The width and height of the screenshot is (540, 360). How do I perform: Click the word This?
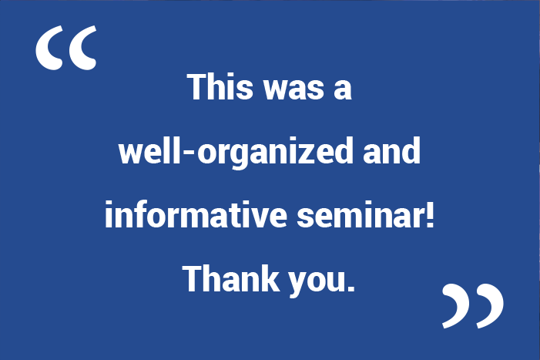[x=220, y=87]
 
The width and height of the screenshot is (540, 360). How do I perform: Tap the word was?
[x=293, y=90]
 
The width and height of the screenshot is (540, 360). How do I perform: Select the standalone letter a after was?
[x=343, y=90]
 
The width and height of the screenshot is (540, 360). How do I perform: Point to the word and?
[x=391, y=150]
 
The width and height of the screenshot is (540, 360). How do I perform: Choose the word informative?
[x=196, y=214]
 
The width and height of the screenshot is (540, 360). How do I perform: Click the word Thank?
[x=231, y=278]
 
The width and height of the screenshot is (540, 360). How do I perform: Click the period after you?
[x=351, y=288]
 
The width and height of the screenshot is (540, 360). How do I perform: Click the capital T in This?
[x=197, y=87]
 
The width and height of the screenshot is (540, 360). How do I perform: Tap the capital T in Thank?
[x=193, y=279]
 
